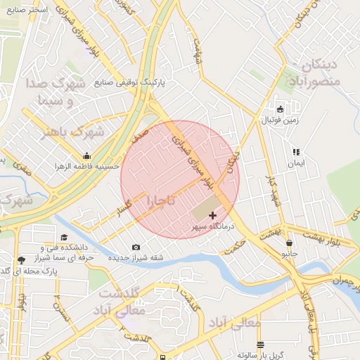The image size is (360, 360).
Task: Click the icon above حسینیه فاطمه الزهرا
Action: [86, 155]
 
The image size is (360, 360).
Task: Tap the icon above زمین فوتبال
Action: [280, 109]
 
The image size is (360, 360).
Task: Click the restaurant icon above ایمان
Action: [296, 152]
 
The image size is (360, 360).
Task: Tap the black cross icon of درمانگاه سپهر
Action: [213, 215]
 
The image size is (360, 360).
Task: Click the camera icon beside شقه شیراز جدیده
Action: [136, 247]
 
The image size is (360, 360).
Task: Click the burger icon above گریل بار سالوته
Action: [261, 345]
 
